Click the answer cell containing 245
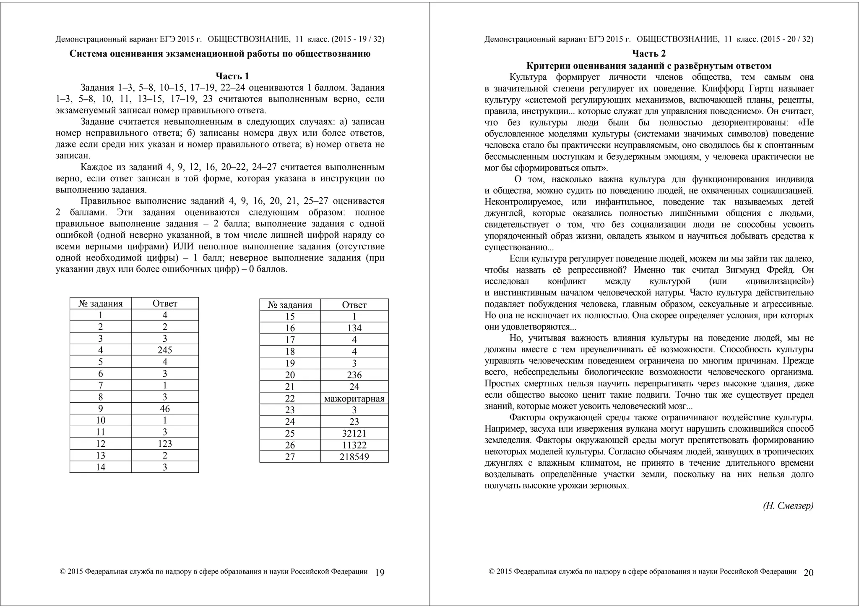tap(165, 350)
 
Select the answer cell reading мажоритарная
tap(354, 398)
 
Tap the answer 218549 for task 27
tap(354, 457)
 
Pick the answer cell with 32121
tap(354, 433)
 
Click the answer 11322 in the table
tap(354, 445)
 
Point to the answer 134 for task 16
tap(354, 328)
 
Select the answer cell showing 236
tap(354, 375)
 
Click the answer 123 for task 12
tap(165, 444)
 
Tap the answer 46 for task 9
tap(165, 409)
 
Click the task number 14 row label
tap(101, 467)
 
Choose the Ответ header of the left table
tap(165, 304)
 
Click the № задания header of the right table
tap(290, 305)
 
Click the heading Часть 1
tap(232, 76)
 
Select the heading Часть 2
tap(649, 54)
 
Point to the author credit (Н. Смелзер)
tap(788, 506)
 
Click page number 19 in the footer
tap(380, 573)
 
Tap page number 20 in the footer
tap(809, 573)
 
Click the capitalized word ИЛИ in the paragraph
tap(185, 246)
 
